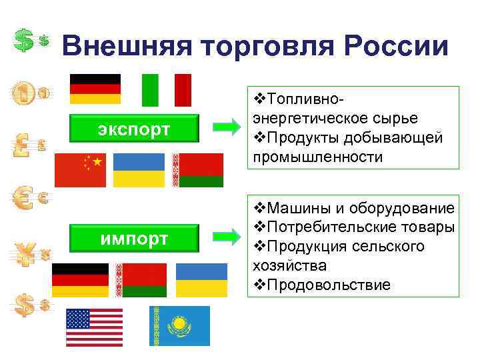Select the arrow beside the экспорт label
point(227,125)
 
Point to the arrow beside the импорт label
point(227,235)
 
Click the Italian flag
point(167,90)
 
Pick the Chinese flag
point(80,170)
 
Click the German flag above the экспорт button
point(95,89)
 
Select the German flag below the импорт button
point(80,280)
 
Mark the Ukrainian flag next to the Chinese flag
point(139,170)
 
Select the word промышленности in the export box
point(318,157)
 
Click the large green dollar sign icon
point(25,40)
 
